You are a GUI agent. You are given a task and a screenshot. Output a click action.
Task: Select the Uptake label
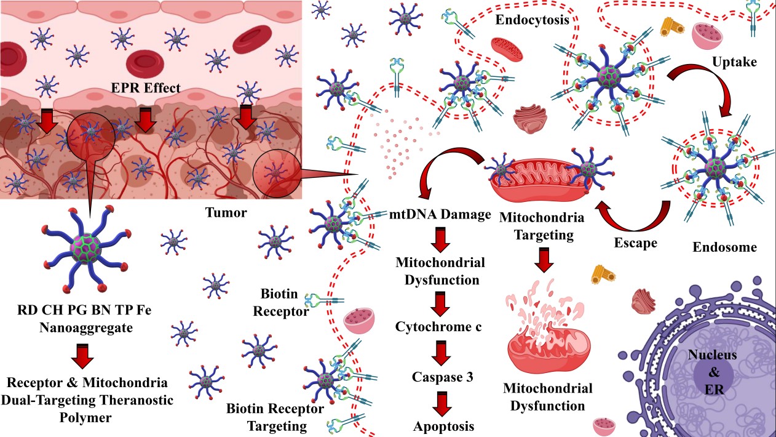733,62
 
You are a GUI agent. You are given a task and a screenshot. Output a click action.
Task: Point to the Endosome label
724,247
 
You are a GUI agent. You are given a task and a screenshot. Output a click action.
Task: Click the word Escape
635,243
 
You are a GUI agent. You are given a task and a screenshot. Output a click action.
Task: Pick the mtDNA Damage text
440,215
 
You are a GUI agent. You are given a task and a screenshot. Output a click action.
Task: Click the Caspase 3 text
439,376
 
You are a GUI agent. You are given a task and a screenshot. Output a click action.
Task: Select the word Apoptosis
439,425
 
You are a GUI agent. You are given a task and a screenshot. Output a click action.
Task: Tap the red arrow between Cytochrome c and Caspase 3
439,351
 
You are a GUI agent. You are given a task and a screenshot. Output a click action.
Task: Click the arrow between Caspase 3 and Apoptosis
439,401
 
